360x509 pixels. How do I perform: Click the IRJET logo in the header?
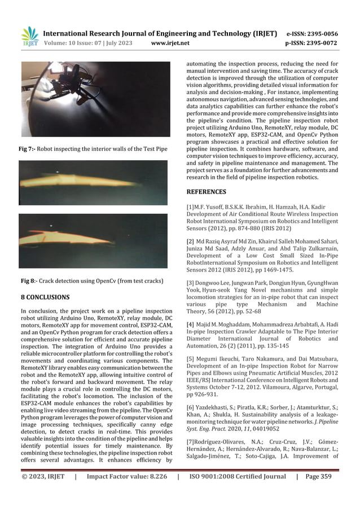(29, 37)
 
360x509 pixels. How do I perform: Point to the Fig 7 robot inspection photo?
(94, 99)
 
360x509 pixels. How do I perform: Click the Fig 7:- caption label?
(27, 149)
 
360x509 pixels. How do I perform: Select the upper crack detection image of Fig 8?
(93, 182)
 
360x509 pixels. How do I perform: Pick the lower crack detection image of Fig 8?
(93, 241)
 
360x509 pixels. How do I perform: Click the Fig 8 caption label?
(27, 280)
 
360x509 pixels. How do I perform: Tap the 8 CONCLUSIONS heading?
(45, 297)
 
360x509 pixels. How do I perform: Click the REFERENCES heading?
(208, 192)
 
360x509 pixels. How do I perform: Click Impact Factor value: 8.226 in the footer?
(127, 492)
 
